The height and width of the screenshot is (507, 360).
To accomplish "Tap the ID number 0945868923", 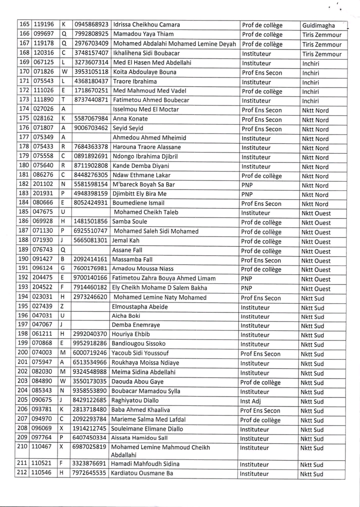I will (x=91, y=25).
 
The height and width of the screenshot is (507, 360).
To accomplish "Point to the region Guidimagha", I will (x=318, y=25).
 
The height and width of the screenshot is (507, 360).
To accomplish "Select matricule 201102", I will (x=43, y=185).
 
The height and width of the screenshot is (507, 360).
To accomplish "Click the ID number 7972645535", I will (x=90, y=473).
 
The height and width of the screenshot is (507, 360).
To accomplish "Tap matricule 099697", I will (x=43, y=34).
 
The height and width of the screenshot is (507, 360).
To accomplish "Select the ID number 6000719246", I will (x=90, y=354).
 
